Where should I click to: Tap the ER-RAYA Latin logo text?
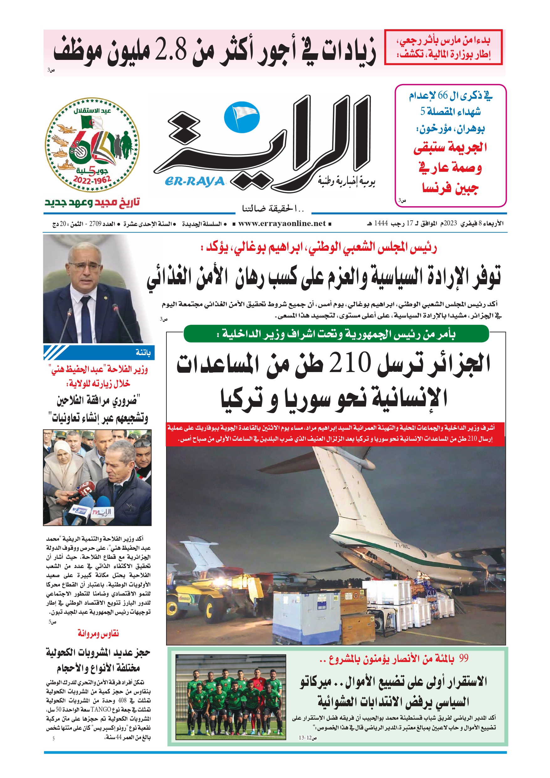pyautogui.click(x=195, y=181)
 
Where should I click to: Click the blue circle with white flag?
pyautogui.click(x=242, y=117)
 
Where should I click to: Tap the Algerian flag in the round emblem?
pyautogui.click(x=94, y=122)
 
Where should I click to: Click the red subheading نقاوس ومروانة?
pyautogui.click(x=98, y=633)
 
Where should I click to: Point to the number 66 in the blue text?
pyautogui.click(x=442, y=96)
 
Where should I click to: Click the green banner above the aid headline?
pyautogui.click(x=336, y=334)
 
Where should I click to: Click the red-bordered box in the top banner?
pyautogui.click(x=443, y=47)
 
